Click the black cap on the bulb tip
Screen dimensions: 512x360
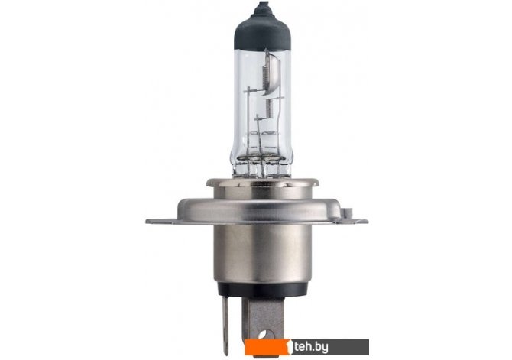tap(263, 31)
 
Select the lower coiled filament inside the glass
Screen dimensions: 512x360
tap(270, 108)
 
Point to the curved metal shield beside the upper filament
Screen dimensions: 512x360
tap(273, 74)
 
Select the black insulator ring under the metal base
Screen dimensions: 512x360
tap(262, 290)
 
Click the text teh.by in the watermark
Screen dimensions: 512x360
tap(310, 347)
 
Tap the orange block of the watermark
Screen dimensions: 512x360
tap(266, 347)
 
